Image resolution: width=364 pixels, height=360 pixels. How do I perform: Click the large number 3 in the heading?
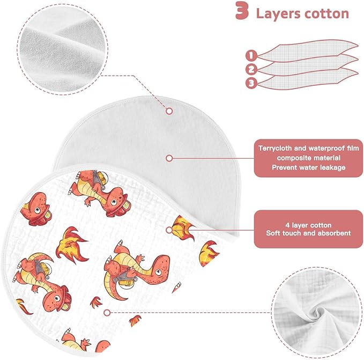(242, 11)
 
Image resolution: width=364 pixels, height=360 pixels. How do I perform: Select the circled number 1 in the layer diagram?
(251, 56)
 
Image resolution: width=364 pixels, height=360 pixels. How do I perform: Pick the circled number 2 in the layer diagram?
(251, 69)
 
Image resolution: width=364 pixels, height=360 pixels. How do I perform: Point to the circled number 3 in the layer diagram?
(251, 83)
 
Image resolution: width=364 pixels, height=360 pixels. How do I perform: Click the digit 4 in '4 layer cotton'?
(287, 225)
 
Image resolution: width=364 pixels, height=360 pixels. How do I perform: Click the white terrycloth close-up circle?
(62, 49)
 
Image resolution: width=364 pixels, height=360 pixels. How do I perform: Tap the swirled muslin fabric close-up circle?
(317, 312)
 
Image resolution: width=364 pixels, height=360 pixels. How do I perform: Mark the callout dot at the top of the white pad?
(169, 111)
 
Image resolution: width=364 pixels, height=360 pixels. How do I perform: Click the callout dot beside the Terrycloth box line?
(169, 158)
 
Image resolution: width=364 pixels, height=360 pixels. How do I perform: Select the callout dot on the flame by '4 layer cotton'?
(169, 230)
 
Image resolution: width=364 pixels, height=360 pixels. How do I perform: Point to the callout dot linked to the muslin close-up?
(107, 313)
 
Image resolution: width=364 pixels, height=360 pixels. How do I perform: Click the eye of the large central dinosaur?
(158, 272)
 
